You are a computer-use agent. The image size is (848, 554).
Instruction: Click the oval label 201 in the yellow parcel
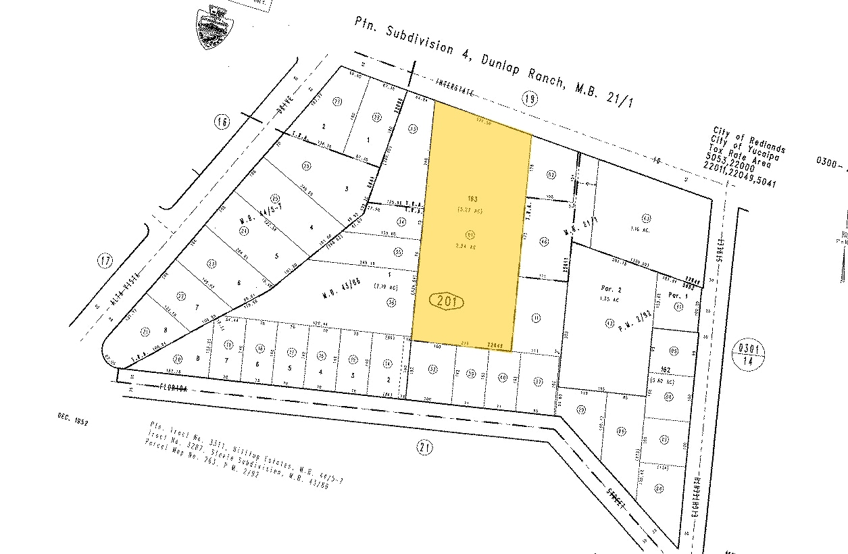tap(447, 301)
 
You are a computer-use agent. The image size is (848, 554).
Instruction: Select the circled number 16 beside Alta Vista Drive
tap(222, 122)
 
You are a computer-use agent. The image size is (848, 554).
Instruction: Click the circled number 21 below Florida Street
tap(424, 447)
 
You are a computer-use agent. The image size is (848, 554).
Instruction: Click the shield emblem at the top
tap(214, 28)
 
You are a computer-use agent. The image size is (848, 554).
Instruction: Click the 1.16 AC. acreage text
tap(637, 230)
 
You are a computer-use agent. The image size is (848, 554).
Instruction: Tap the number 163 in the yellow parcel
tap(472, 199)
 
